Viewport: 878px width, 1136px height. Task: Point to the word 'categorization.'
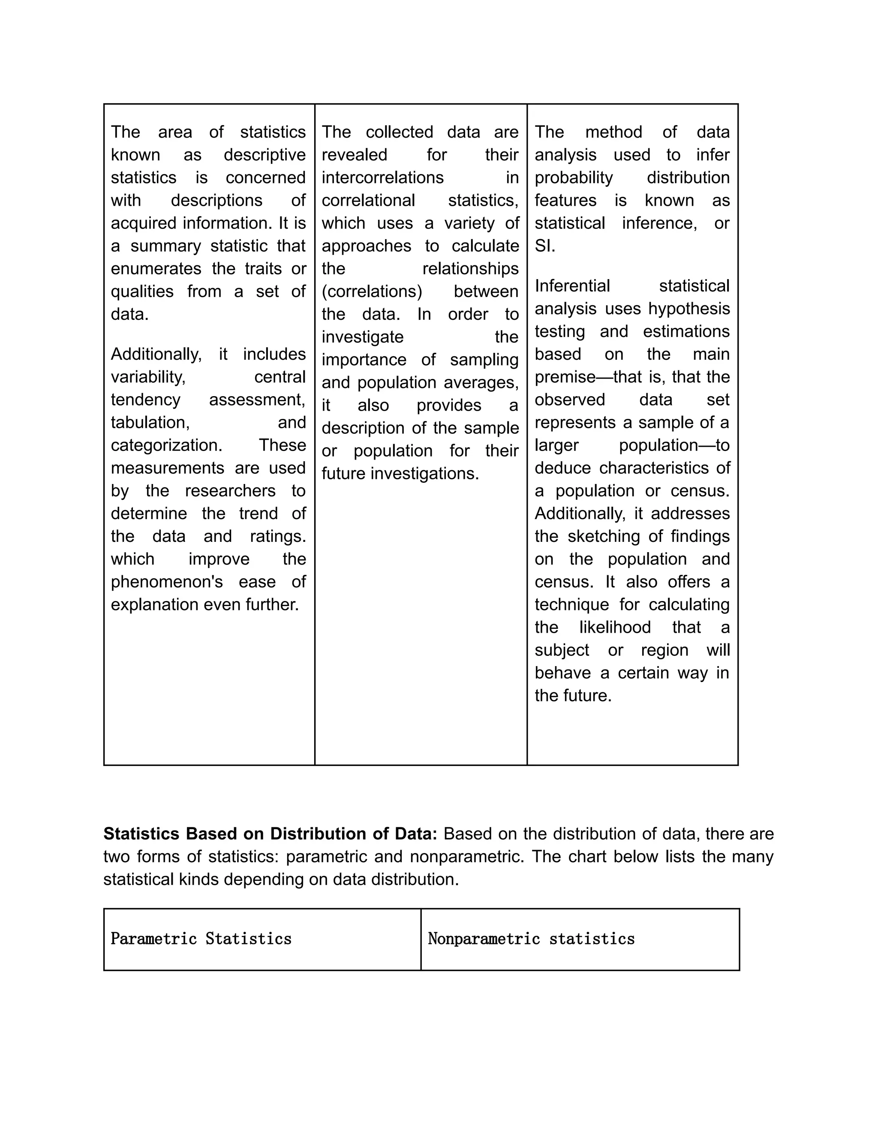[166, 445]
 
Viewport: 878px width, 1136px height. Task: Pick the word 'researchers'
[230, 491]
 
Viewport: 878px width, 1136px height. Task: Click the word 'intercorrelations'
[382, 178]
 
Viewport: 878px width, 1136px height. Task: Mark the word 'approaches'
[366, 246]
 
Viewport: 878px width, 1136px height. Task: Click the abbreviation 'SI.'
[544, 246]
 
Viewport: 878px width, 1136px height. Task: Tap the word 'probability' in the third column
[574, 178]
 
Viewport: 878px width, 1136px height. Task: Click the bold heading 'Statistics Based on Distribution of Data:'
[270, 834]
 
